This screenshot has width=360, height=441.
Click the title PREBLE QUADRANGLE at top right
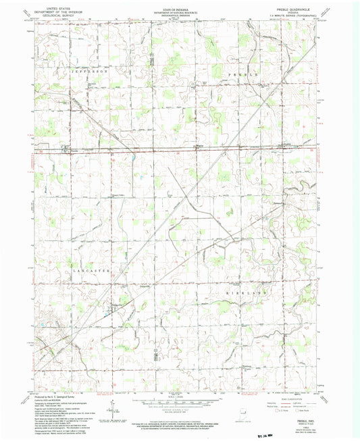click(303, 8)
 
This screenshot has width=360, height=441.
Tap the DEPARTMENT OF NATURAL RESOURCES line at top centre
click(180, 11)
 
